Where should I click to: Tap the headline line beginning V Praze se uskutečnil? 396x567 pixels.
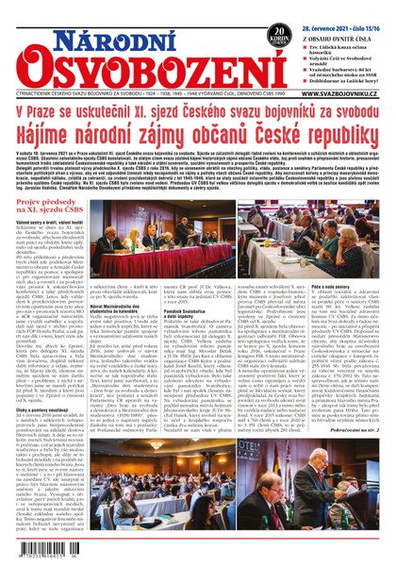click(x=198, y=114)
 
